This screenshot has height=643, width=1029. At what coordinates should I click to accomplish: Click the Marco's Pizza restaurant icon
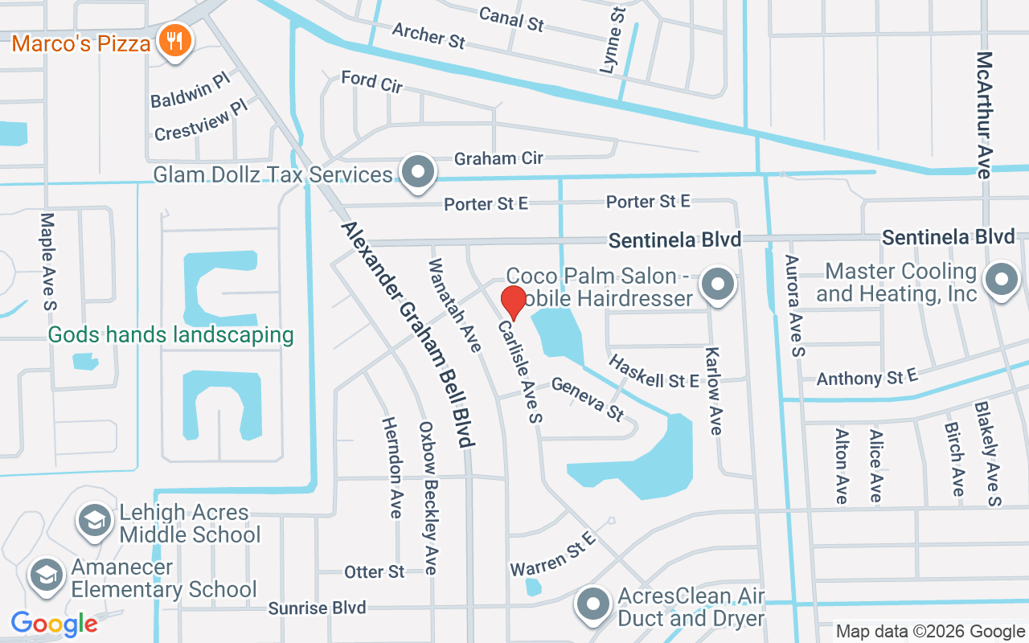[173, 41]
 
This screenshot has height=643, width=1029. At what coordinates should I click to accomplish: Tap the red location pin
[514, 301]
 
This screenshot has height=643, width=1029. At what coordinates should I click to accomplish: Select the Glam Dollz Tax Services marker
[418, 172]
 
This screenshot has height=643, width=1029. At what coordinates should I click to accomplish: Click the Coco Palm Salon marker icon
[717, 285]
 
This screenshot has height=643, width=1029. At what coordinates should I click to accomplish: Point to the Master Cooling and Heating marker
[1001, 281]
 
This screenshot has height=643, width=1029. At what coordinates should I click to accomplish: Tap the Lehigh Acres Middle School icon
[95, 521]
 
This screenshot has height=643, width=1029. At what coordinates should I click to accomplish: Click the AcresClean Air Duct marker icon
[594, 604]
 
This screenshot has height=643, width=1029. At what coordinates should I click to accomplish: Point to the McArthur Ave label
[985, 113]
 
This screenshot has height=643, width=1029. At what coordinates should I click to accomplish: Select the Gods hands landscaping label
[170, 334]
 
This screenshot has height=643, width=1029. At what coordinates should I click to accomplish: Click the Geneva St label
[588, 399]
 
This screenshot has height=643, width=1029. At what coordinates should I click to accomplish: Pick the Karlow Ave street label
[713, 391]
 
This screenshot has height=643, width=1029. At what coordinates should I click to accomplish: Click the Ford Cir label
[371, 81]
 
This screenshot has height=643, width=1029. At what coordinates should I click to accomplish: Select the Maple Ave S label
[48, 260]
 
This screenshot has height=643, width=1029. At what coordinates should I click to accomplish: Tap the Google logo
[54, 623]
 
